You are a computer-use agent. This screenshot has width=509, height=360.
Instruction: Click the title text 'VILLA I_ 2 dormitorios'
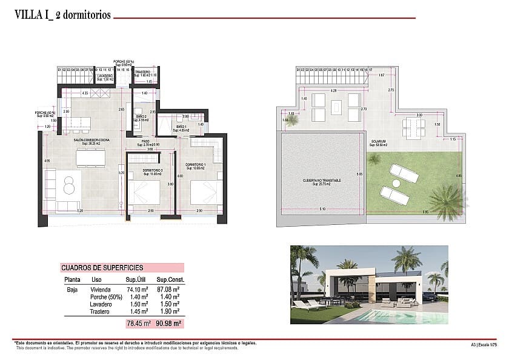62,16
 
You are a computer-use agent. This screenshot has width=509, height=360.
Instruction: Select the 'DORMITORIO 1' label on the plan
196,164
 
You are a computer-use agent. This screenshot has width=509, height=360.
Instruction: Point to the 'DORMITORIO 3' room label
153,170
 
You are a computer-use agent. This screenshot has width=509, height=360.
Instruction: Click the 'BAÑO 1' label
181,126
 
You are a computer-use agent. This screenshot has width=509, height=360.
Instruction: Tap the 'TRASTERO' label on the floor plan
143,72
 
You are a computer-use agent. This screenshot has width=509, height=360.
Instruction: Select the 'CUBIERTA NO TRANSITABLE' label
322,180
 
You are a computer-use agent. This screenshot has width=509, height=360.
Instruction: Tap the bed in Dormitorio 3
145,194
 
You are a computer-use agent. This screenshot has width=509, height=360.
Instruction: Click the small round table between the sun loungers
396,183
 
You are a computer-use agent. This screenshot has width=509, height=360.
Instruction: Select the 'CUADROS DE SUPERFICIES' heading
102,267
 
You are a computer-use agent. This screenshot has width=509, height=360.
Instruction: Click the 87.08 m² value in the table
168,290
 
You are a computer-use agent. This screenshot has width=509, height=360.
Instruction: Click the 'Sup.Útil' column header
137,280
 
